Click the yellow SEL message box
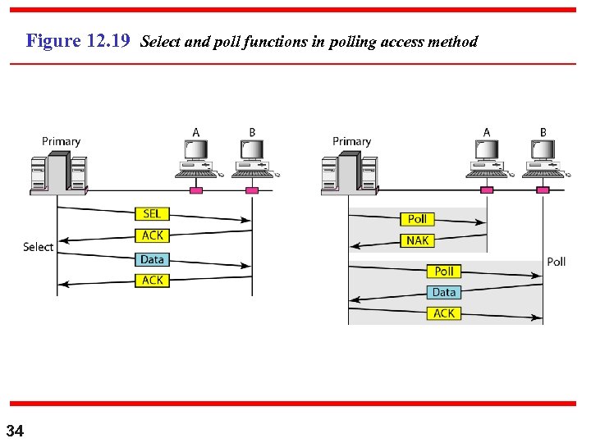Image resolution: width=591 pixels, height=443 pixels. pos(152,214)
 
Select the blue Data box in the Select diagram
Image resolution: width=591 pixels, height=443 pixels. pos(152,259)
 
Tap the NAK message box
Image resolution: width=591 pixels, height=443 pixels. pos(417,240)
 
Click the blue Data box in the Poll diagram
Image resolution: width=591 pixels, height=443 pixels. pos(443,292)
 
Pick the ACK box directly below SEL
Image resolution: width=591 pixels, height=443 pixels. pos(152,236)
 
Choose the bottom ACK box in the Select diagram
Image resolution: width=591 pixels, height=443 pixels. pos(152,281)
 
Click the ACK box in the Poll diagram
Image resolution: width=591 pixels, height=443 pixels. pos(443,313)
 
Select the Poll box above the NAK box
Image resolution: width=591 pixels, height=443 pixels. pos(417,219)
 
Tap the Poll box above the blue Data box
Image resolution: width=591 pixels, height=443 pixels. pos(443,271)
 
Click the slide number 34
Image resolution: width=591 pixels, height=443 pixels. pos(16,431)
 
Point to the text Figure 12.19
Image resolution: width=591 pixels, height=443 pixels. pos(78,41)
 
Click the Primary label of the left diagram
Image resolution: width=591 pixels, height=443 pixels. pos(62,141)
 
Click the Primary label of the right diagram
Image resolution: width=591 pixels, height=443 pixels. pos(351,141)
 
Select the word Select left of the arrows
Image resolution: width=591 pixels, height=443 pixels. pos(38,247)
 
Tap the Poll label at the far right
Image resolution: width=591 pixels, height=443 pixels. pos(556,262)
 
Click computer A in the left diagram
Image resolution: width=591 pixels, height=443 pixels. pos(196,159)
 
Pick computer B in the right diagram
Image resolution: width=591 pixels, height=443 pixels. pos(543,159)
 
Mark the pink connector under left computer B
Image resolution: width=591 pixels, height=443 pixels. pos(252,190)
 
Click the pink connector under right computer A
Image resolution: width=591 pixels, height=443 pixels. pos(487,190)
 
